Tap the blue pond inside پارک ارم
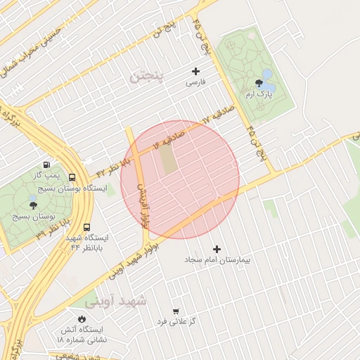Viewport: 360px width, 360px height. [266, 74]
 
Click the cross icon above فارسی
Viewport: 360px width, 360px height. [195, 71]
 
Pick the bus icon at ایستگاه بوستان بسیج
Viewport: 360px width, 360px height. [72, 178]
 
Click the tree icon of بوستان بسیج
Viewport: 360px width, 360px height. [33, 205]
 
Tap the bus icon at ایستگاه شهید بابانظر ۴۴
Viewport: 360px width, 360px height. [86, 227]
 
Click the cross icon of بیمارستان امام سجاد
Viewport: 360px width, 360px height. [217, 249]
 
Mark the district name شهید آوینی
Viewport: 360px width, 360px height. [116, 302]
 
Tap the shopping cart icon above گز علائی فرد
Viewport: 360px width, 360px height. [175, 311]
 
